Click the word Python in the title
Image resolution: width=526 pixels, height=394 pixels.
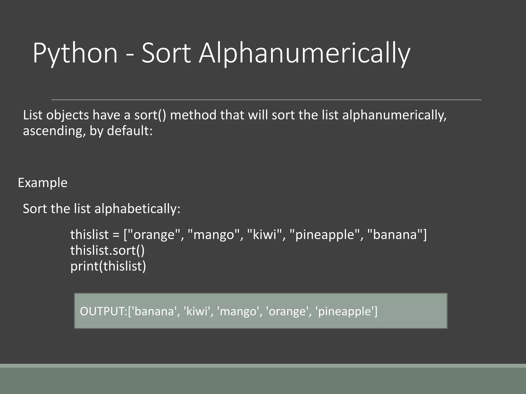(x=75, y=53)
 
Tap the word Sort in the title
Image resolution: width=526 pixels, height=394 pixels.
(x=166, y=53)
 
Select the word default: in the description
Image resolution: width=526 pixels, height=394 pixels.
(x=130, y=131)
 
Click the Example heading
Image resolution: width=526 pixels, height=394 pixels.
(x=43, y=183)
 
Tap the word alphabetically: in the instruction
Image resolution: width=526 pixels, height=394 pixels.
(x=137, y=209)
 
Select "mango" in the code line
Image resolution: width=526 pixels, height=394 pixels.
(x=214, y=235)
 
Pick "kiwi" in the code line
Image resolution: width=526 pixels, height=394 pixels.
(x=264, y=235)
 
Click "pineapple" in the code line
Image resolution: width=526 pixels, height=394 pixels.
(x=325, y=235)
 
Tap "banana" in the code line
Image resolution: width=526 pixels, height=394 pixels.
(x=395, y=235)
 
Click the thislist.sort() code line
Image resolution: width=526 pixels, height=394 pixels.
(x=107, y=250)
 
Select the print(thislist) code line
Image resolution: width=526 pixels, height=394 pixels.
(x=108, y=266)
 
